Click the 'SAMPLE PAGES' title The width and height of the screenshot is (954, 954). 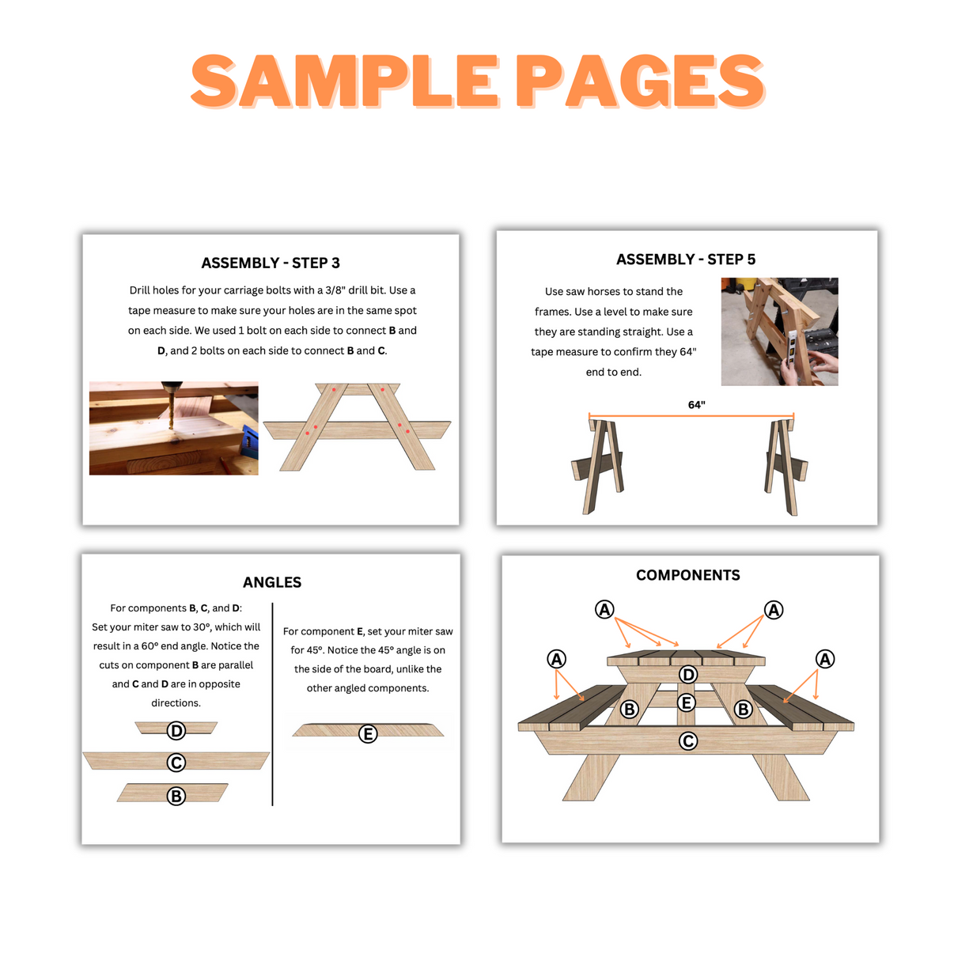coord(477,81)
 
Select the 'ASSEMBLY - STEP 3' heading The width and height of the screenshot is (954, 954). coord(271,263)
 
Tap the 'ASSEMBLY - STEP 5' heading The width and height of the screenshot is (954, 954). coord(686,259)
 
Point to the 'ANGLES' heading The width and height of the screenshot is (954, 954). coord(272,582)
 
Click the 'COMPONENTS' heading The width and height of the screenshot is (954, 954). coord(688,575)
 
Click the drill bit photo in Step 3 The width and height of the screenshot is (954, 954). coord(173,428)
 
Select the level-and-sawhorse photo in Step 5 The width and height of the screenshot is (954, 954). coord(779,331)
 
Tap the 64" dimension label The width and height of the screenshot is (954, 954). coord(696,405)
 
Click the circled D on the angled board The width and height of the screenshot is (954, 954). coord(176,731)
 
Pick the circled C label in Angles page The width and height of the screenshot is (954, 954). coord(176,763)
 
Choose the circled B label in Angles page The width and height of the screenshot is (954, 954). coord(176,796)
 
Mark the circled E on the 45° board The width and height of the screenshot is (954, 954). coord(368,734)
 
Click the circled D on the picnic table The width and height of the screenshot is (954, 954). coord(688,675)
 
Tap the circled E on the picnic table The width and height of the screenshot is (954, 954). coord(687,702)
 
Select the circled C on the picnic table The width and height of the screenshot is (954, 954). coord(688,741)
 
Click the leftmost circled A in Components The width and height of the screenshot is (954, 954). coord(557,659)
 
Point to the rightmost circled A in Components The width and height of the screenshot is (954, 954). coord(825,659)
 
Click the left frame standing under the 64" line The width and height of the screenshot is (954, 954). coord(598,467)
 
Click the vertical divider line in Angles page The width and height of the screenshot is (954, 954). coord(272,704)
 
